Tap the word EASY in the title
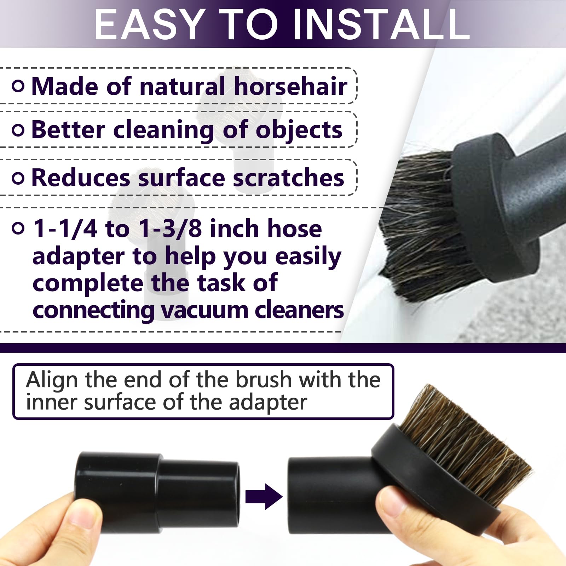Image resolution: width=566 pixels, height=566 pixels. tap(150, 24)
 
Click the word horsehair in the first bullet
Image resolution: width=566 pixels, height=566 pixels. tap(291, 86)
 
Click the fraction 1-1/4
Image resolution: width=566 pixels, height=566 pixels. tap(65, 228)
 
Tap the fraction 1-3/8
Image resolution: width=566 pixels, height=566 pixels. tap(171, 228)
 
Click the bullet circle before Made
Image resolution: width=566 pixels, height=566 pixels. tap(18, 86)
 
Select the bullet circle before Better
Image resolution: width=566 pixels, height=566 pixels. tap(18, 130)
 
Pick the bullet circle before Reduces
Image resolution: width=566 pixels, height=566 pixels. tap(18, 178)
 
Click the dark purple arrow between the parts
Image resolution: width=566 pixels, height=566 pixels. tap(264, 497)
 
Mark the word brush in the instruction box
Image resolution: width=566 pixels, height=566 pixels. tap(263, 380)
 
